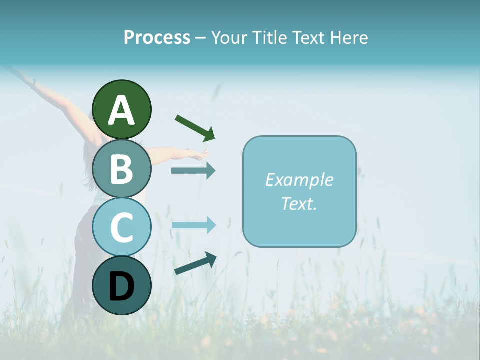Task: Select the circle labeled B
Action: click(121, 169)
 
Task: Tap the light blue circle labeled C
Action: click(121, 227)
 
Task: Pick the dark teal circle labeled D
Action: click(121, 285)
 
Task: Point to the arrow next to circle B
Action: click(193, 170)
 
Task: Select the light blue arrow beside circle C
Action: click(193, 225)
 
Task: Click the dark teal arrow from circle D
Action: click(195, 264)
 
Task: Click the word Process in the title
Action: click(157, 38)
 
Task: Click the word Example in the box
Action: click(299, 180)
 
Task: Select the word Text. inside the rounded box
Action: click(299, 203)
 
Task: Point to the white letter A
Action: click(121, 110)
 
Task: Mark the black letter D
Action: click(121, 287)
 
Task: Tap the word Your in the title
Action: click(229, 38)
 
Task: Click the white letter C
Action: click(121, 228)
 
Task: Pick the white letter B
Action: click(121, 169)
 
